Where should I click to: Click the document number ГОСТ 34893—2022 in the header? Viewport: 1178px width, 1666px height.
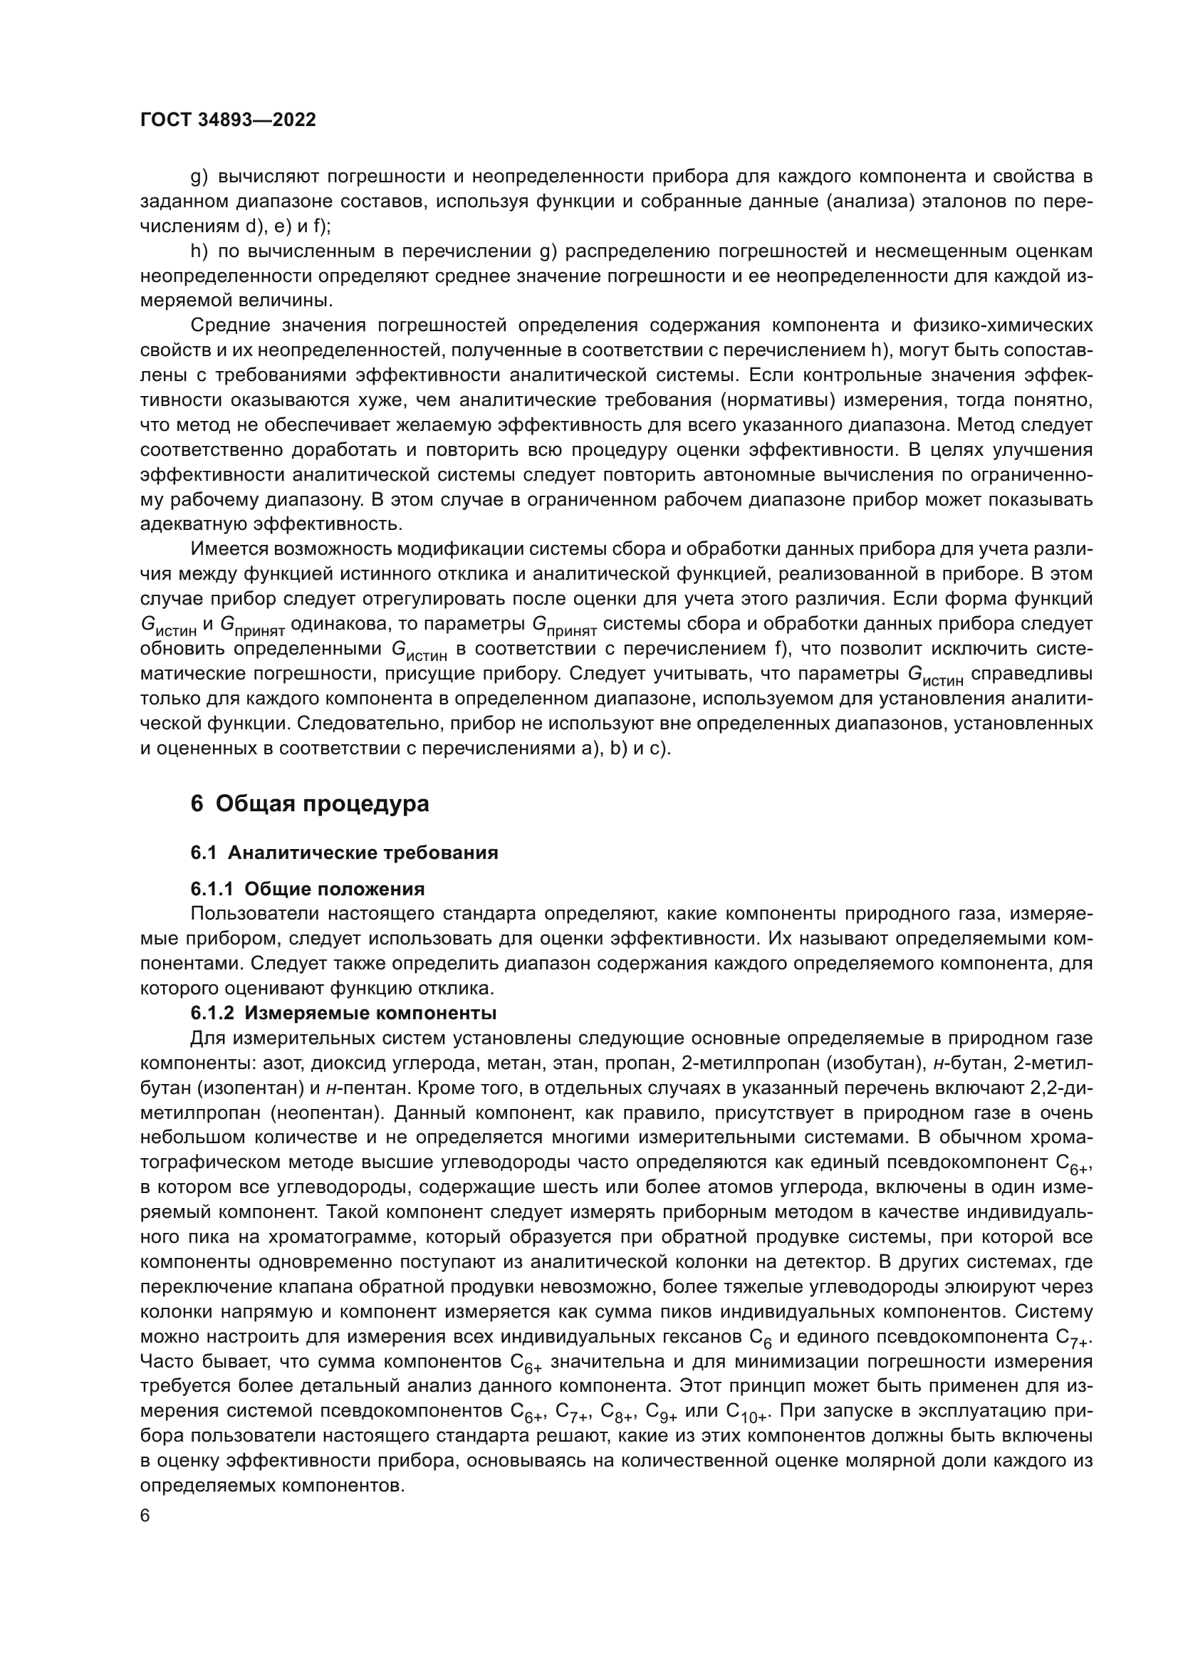228,120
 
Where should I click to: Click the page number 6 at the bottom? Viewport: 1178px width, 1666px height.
145,1516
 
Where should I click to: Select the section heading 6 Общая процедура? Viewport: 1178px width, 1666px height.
310,804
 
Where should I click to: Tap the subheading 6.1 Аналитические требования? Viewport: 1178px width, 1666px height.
345,853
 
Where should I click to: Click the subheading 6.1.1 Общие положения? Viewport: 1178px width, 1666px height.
308,889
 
